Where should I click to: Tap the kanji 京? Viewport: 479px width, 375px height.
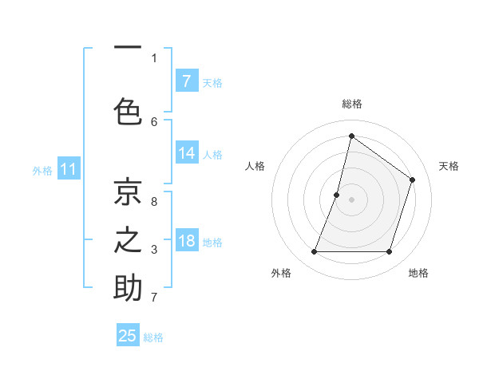pyautogui.click(x=128, y=191)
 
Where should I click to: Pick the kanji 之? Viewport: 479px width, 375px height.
pyautogui.click(x=128, y=239)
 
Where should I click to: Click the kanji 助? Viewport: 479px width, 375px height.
pyautogui.click(x=128, y=287)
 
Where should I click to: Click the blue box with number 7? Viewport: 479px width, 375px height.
pyautogui.click(x=186, y=81)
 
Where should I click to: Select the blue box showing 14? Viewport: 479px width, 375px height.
pyautogui.click(x=186, y=153)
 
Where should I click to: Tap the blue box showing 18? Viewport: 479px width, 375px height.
pyautogui.click(x=186, y=241)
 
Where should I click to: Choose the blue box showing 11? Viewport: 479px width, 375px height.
pyautogui.click(x=69, y=169)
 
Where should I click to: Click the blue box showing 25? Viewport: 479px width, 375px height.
pyautogui.click(x=128, y=336)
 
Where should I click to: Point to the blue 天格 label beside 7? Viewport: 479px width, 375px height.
pyautogui.click(x=212, y=82)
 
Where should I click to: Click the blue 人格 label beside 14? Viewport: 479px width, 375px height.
pyautogui.click(x=212, y=155)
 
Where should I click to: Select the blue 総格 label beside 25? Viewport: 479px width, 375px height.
pyautogui.click(x=153, y=337)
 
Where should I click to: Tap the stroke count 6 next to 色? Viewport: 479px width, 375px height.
pyautogui.click(x=154, y=121)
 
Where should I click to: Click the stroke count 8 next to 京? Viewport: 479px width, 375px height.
pyautogui.click(x=154, y=201)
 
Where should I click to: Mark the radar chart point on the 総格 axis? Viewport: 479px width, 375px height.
pyautogui.click(x=351, y=136)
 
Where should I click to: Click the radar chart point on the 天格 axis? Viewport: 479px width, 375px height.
pyautogui.click(x=413, y=180)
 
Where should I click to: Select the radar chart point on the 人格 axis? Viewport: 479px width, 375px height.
pyautogui.click(x=337, y=195)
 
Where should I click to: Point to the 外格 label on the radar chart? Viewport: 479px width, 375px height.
pyautogui.click(x=281, y=273)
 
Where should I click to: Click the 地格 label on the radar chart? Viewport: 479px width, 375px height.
pyautogui.click(x=418, y=273)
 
